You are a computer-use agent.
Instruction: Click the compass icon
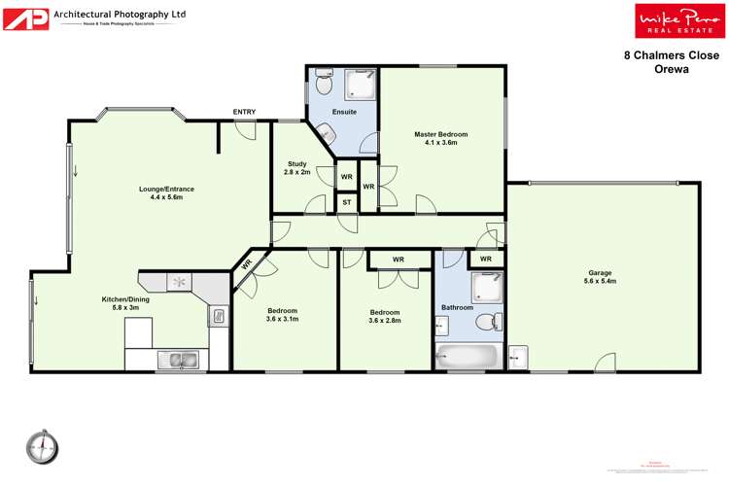[43, 446]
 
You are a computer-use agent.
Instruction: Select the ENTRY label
[244, 112]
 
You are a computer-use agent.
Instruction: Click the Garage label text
[601, 273]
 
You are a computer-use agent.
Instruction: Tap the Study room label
[296, 163]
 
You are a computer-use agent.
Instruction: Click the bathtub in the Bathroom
[466, 357]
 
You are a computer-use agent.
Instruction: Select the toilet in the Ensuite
[325, 87]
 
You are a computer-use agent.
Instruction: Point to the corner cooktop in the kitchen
[179, 282]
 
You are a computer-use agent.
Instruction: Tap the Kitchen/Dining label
[124, 299]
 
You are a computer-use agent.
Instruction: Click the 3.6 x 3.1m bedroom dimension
[282, 318]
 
